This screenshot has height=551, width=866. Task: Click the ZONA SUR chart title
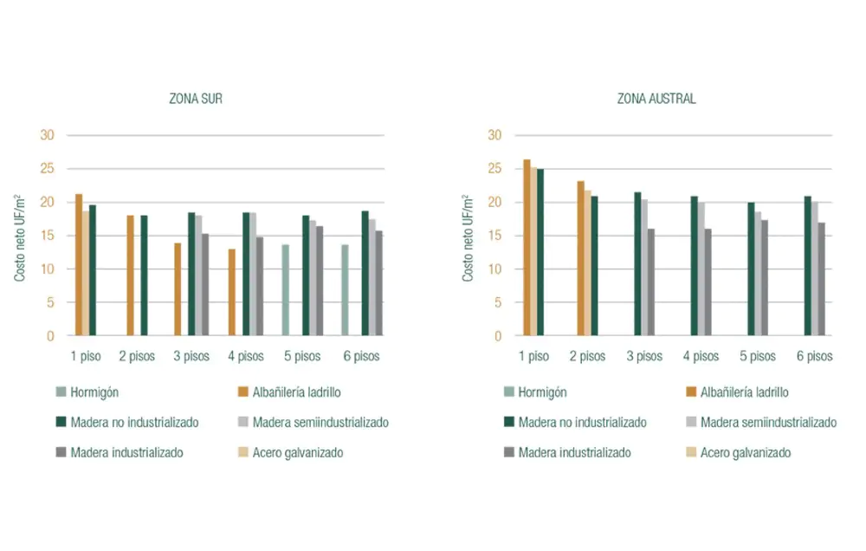coord(195,99)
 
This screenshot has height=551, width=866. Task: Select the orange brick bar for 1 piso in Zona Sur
coord(79,264)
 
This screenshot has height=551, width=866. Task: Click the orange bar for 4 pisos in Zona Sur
coord(231,292)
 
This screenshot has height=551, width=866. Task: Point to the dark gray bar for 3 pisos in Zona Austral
coord(651,282)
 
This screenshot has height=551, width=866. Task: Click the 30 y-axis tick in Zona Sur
coord(47,135)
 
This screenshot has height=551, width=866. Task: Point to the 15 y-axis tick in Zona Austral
coord(494,236)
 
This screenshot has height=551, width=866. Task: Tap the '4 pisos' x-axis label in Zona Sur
coord(246,356)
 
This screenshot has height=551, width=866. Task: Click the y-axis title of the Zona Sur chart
coord(20,237)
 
